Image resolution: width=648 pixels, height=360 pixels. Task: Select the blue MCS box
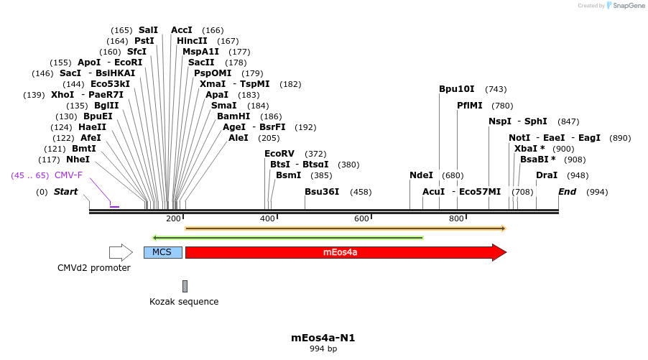point(162,252)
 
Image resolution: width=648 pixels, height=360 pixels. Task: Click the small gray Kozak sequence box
point(185,286)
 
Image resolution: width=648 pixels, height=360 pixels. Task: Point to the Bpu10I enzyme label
point(457,89)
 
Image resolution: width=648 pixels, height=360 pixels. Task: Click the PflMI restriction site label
point(470,105)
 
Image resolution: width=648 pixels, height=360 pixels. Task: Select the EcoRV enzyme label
point(279,154)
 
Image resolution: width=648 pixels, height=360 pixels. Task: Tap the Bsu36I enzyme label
point(322,192)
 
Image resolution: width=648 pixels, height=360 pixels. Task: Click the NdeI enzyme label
point(421,175)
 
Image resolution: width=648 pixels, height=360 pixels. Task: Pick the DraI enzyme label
point(547,175)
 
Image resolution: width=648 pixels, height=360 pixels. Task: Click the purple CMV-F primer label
point(68,175)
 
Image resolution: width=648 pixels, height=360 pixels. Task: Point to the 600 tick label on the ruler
point(361,218)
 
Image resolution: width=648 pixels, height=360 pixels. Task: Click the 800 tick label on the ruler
point(456,218)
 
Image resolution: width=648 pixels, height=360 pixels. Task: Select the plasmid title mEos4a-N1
point(323,337)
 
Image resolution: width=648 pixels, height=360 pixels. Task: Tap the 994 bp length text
point(323,349)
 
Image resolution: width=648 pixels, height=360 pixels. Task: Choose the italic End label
point(568,192)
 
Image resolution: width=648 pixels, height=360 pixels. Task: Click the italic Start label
point(65,192)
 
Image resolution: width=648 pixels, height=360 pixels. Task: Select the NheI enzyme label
point(78,160)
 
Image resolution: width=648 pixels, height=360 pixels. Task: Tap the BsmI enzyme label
point(289,175)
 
